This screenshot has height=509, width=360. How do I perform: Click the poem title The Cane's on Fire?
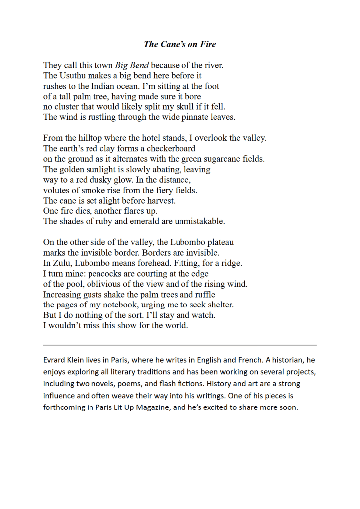tap(180, 44)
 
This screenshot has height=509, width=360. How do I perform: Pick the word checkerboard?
tap(171, 148)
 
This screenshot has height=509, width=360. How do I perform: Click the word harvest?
tap(160, 201)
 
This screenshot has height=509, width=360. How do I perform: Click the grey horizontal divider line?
tap(180, 345)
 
